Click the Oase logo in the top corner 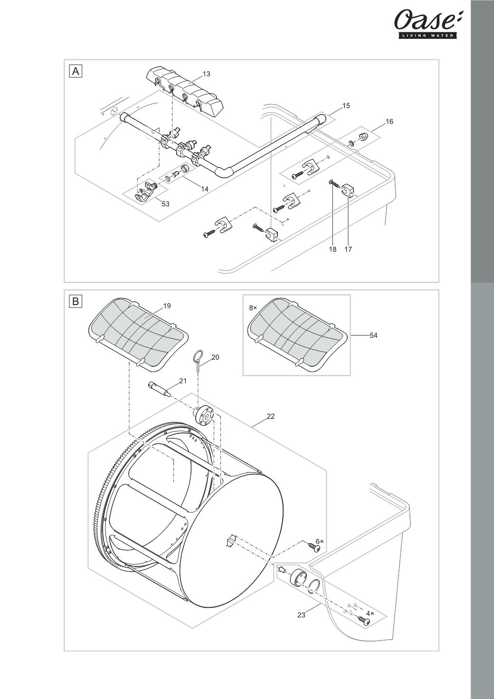428,24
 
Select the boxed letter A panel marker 76,71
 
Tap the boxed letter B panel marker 76,301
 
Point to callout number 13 207,74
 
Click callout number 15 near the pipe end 346,106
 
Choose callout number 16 389,122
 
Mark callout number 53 166,204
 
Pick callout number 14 205,189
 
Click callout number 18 333,249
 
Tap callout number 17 348,249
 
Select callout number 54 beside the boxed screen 374,335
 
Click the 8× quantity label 253,308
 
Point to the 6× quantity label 320,541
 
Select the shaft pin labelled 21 160,389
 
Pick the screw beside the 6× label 313,547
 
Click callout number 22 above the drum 271,416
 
